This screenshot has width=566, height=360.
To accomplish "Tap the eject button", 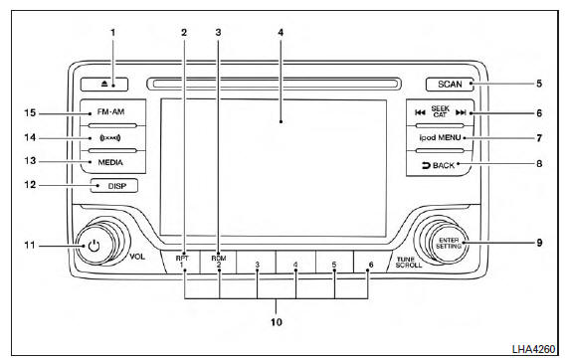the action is click(x=104, y=85).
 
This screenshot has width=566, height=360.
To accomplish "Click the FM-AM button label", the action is click(x=110, y=111).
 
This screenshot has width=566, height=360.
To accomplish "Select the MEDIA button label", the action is click(x=110, y=162).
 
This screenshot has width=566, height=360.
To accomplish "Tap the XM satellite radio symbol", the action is click(x=110, y=138).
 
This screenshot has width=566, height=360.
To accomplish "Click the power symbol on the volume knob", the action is click(x=94, y=246).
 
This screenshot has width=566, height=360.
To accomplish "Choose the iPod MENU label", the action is click(x=440, y=137).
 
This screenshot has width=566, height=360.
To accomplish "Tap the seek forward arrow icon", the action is click(x=461, y=112).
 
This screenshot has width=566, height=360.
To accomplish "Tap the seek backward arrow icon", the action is click(x=420, y=112).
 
